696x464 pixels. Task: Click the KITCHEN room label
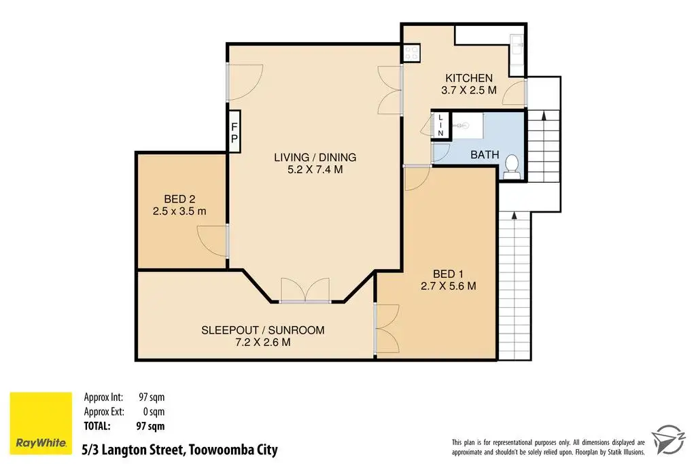point(469,78)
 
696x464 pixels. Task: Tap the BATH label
point(485,155)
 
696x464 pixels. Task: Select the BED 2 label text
point(179,199)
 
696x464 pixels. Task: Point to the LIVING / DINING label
point(315,157)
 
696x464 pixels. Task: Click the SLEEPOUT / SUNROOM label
point(263,330)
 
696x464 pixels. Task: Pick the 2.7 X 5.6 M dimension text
point(449,286)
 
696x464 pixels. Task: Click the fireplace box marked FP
point(234,132)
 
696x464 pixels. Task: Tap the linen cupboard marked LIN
point(440,125)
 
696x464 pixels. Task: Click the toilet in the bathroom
point(512,167)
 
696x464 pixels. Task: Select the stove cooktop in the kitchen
point(411,53)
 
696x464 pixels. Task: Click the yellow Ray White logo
point(41,423)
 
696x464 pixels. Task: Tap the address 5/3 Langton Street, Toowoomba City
point(179,450)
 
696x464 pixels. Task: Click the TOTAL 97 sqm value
point(150,426)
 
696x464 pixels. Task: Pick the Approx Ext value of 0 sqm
point(154,412)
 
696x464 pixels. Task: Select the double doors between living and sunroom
point(305,291)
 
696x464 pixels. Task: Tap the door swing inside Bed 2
point(212,240)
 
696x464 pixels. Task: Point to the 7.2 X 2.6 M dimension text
point(263,342)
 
